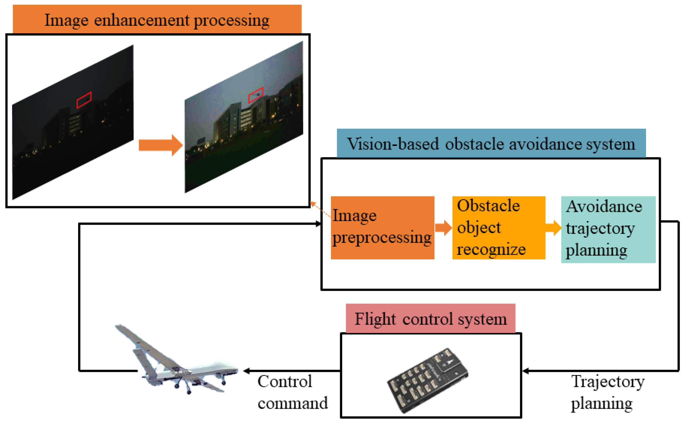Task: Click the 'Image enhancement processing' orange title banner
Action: coord(157,19)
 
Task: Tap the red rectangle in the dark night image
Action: coord(84,100)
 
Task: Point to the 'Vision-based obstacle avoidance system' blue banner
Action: coord(491,144)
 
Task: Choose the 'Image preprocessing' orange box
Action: coord(382,227)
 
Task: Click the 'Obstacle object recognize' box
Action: coord(499,227)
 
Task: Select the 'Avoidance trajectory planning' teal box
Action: coord(608,229)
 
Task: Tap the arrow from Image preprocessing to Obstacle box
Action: coord(443,227)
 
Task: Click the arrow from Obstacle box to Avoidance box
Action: coord(553,227)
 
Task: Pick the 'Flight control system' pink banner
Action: coord(430,319)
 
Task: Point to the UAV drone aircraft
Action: coord(180,365)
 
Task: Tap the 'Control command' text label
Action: coord(292,392)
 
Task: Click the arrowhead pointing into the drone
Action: coord(247,371)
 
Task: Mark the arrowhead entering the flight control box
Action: coord(525,371)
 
